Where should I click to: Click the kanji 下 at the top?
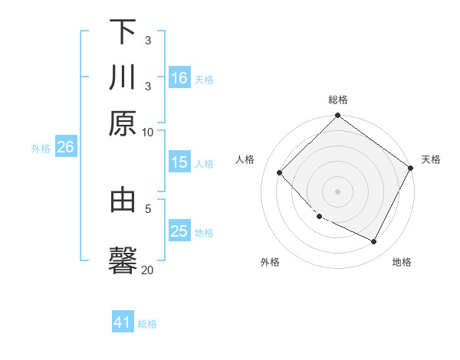(123, 32)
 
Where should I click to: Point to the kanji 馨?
(123, 260)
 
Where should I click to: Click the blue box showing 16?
(179, 78)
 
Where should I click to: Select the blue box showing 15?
(179, 162)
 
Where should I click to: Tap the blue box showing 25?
(179, 231)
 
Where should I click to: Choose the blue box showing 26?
(65, 147)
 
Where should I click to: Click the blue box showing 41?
(123, 322)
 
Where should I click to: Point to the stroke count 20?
(147, 270)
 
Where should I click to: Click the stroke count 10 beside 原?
(147, 132)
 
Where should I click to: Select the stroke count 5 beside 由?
(148, 208)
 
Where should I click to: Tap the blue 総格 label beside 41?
(147, 324)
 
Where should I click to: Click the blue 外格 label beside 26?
(40, 149)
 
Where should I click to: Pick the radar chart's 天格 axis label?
(431, 159)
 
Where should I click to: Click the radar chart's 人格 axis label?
(245, 159)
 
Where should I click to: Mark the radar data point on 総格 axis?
(337, 116)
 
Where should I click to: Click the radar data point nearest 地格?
(374, 242)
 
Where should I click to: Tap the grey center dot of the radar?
(337, 191)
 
